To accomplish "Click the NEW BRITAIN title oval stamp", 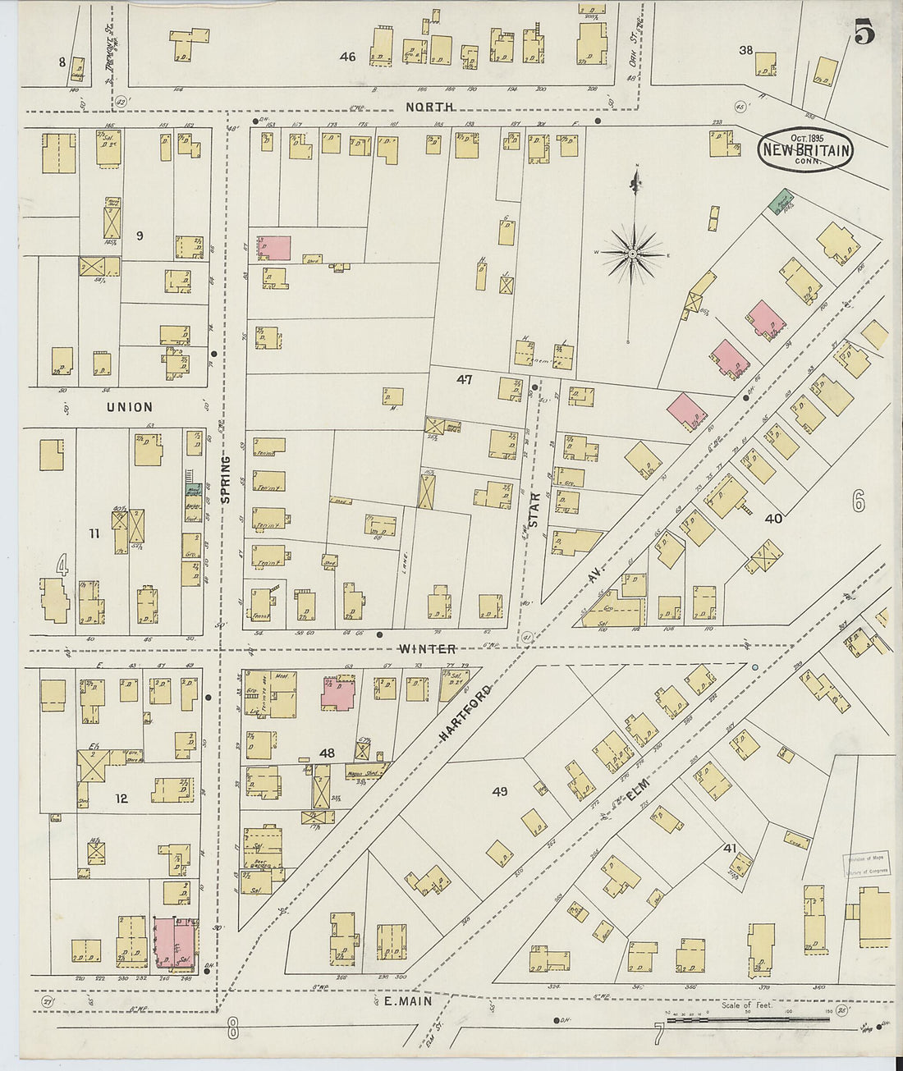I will click(x=806, y=149).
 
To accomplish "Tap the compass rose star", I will click(x=633, y=255).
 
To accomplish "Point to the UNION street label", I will click(x=129, y=407).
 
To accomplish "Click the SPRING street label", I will click(x=226, y=479).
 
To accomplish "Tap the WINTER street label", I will click(x=427, y=649).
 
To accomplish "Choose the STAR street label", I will click(x=534, y=509).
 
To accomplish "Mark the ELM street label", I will click(x=638, y=789).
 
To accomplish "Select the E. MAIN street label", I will click(x=408, y=1002).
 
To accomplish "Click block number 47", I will click(x=465, y=379).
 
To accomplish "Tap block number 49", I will click(x=499, y=792).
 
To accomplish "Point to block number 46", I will click(x=348, y=57).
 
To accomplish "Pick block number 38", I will click(x=745, y=50).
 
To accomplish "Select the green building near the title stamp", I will click(x=781, y=199).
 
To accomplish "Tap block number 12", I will click(x=121, y=798).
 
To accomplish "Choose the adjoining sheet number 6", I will click(x=858, y=501).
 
